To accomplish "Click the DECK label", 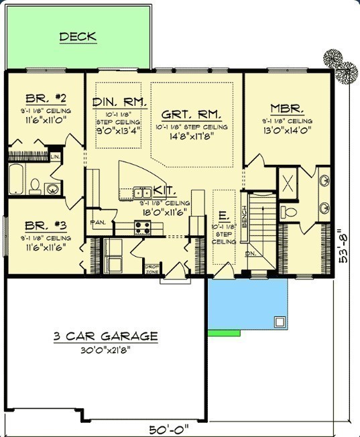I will tap(78, 37).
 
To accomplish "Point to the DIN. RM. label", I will tap(119, 102).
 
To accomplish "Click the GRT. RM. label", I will tap(191, 114).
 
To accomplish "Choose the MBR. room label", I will tap(288, 108).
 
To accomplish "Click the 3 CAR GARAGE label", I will tap(106, 336).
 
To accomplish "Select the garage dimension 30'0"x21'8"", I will tap(106, 349).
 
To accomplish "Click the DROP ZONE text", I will tap(152, 269).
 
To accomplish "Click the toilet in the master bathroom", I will tap(289, 212).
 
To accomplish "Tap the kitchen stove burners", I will tap(142, 227).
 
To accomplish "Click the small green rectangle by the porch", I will tap(224, 332).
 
